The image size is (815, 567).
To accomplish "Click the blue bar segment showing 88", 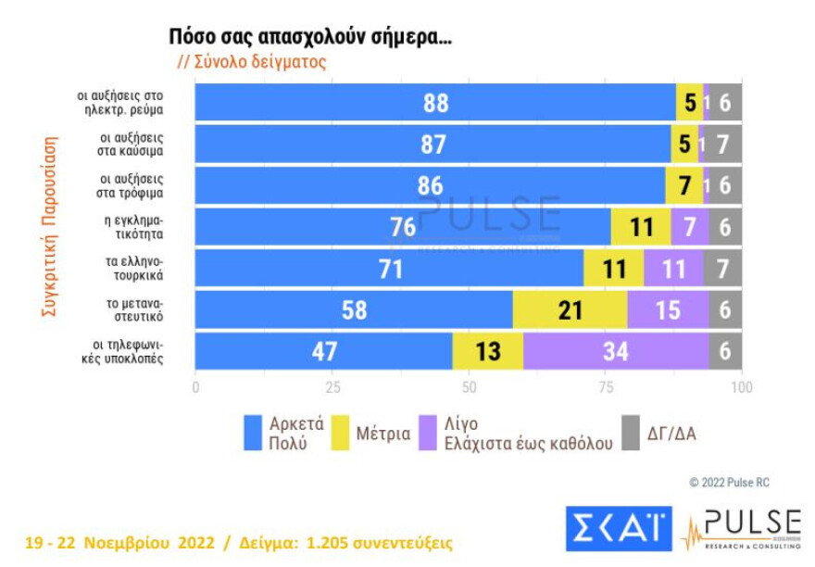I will click(435, 103).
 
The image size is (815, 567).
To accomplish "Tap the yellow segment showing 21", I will click(570, 310).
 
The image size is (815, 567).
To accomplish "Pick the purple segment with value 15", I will click(668, 310).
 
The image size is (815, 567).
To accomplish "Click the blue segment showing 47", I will click(323, 351).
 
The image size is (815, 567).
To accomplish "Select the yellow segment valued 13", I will click(487, 351).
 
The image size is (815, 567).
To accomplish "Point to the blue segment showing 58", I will click(354, 310).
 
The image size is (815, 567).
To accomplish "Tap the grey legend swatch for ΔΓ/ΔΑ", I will click(631, 433).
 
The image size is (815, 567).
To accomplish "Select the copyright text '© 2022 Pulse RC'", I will click(729, 483).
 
